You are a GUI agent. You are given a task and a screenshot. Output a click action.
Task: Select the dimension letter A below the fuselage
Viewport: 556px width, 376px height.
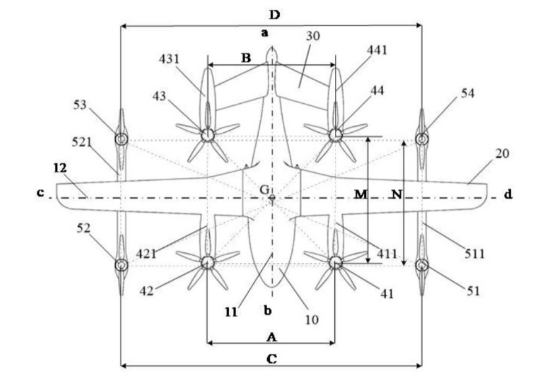[x=270, y=337]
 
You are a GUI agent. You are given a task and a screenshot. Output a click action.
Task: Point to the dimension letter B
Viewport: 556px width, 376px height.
[x=245, y=58]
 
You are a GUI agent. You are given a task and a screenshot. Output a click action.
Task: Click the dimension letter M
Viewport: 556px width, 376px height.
[x=360, y=195]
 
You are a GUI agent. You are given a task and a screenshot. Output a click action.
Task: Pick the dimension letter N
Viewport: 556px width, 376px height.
[x=395, y=195]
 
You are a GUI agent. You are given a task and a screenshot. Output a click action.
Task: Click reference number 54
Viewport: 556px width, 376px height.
[x=468, y=93]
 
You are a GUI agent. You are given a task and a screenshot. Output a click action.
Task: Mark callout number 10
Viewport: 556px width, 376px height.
[x=312, y=319]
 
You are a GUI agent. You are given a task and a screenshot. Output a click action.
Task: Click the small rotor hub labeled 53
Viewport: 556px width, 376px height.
[x=121, y=139]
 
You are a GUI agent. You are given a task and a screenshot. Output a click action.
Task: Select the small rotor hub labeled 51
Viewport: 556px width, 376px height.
[x=422, y=265]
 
